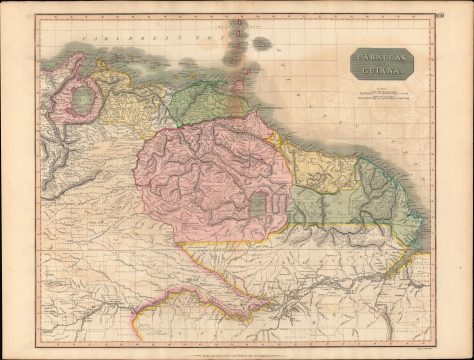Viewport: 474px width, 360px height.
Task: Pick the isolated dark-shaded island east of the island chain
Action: pyautogui.click(x=262, y=43)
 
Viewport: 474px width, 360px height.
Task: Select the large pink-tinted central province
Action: pyautogui.click(x=205, y=180)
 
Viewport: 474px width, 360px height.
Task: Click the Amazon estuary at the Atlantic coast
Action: pyautogui.click(x=420, y=290)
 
